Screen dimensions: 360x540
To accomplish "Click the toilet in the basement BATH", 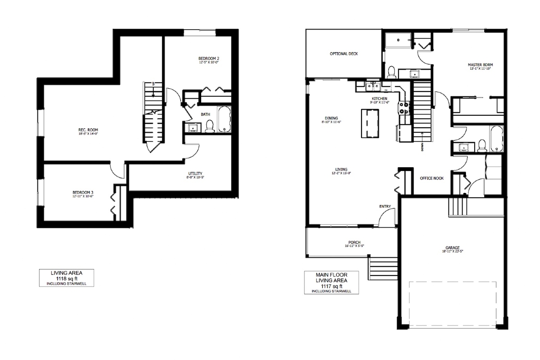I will click(209, 126).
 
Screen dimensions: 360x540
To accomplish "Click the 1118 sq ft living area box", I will click(67, 278).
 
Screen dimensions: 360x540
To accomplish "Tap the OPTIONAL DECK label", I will click(344, 54).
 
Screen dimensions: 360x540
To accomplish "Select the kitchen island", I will click(370, 123).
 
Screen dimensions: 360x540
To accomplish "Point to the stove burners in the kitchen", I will click(404, 108).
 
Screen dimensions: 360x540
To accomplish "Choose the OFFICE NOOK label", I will click(432, 178).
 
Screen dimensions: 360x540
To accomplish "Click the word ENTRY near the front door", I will click(385, 206).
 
